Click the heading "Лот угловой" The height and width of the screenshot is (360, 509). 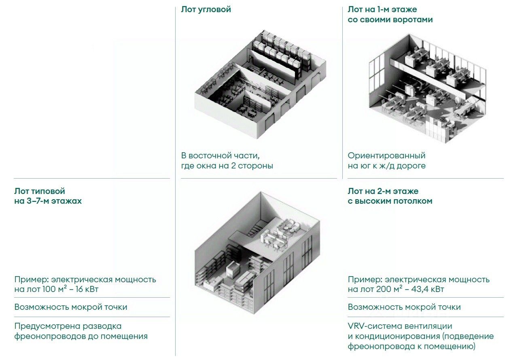tap(206, 9)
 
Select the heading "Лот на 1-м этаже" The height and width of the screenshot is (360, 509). tap(382, 9)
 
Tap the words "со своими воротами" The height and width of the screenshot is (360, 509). tap(390, 19)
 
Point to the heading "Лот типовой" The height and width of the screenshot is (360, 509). tap(40, 191)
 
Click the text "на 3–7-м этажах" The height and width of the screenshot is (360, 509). tap(48, 201)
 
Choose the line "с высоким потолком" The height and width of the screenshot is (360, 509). tap(390, 201)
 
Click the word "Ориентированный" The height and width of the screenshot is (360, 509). tap(386, 156)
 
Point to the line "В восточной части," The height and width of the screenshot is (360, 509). tap(220, 156)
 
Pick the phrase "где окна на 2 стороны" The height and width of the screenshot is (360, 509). tap(227, 166)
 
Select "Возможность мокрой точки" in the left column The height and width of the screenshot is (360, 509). tap(71, 307)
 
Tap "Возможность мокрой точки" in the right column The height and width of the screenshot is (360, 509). tap(404, 307)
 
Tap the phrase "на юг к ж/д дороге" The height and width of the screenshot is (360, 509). tap(386, 166)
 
